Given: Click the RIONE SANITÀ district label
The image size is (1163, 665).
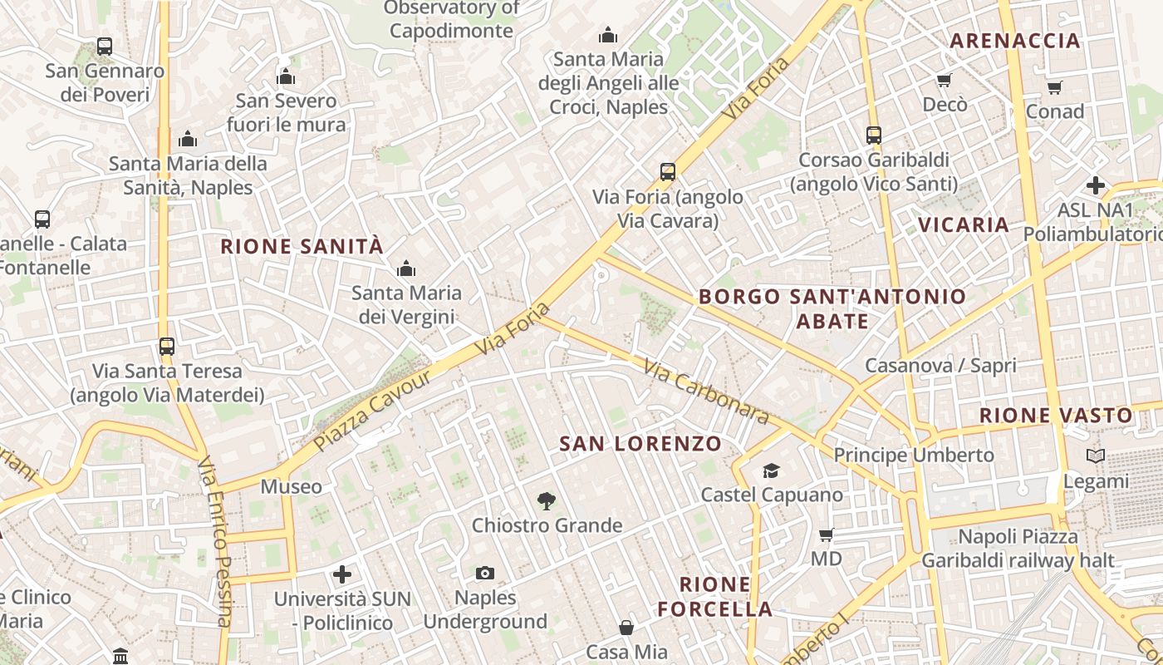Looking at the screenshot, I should pyautogui.click(x=302, y=246).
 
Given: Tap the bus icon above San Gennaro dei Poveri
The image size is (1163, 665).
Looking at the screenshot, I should pyautogui.click(x=105, y=47).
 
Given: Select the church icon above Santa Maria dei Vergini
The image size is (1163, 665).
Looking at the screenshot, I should pyautogui.click(x=406, y=268).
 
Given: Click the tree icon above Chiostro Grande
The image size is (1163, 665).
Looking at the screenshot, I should pyautogui.click(x=546, y=500).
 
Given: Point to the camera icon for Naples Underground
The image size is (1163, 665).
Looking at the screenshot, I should pyautogui.click(x=485, y=573).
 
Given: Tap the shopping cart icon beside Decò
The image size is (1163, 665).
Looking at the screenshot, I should pyautogui.click(x=944, y=81).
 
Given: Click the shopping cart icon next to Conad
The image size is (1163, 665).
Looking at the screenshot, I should pyautogui.click(x=1054, y=87).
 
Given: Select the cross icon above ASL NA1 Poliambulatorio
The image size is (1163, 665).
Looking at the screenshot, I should pyautogui.click(x=1096, y=185).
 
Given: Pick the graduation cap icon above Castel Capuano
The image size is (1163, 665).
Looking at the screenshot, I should pyautogui.click(x=772, y=470).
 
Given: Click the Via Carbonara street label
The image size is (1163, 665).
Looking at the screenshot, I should pyautogui.click(x=706, y=391).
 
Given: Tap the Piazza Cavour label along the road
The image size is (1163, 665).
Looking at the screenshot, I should pyautogui.click(x=373, y=411).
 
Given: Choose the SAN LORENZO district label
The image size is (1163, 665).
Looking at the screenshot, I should pyautogui.click(x=640, y=444).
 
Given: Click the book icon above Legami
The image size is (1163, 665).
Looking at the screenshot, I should pyautogui.click(x=1096, y=456).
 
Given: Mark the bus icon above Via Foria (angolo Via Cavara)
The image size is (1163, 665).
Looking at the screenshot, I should pyautogui.click(x=668, y=172).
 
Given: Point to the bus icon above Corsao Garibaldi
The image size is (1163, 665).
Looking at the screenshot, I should pyautogui.click(x=873, y=135).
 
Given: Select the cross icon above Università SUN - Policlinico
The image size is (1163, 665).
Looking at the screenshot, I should pyautogui.click(x=342, y=574).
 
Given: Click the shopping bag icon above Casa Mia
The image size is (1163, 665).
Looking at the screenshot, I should pyautogui.click(x=626, y=628).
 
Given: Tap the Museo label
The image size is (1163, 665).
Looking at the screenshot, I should pyautogui.click(x=291, y=486).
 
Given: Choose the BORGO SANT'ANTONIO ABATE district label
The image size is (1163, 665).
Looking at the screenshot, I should pyautogui.click(x=832, y=308).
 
